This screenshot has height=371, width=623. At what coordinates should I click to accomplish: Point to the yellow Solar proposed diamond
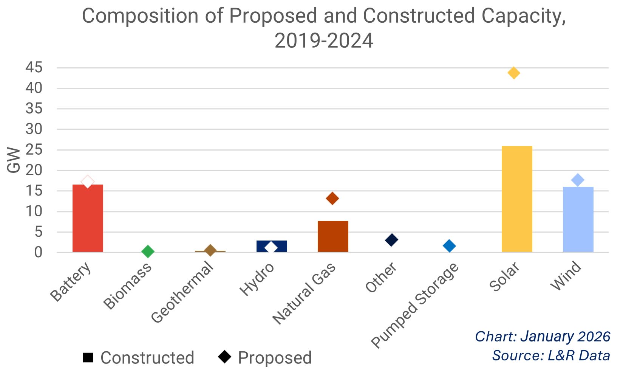click(513, 73)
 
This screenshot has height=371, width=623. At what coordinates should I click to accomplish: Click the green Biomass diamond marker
click(148, 251)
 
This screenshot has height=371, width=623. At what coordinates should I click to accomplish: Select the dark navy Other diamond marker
click(391, 239)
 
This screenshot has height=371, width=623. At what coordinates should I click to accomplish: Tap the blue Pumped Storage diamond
click(449, 246)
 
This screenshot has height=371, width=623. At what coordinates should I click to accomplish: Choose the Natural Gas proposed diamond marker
click(332, 198)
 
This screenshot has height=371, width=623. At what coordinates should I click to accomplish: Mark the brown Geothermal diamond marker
click(210, 250)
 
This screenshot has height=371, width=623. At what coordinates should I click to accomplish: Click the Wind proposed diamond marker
click(578, 180)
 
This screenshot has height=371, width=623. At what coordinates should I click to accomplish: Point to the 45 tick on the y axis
click(34, 68)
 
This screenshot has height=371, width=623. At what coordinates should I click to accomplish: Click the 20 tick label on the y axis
click(34, 171)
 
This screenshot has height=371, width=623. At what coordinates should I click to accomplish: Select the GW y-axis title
click(14, 160)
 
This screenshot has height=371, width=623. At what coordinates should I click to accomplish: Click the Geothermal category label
click(182, 293)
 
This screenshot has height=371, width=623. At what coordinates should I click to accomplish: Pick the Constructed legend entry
click(139, 358)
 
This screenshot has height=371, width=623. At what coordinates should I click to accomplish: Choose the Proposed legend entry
click(266, 358)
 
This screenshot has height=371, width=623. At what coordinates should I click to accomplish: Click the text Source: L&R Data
click(550, 355)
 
